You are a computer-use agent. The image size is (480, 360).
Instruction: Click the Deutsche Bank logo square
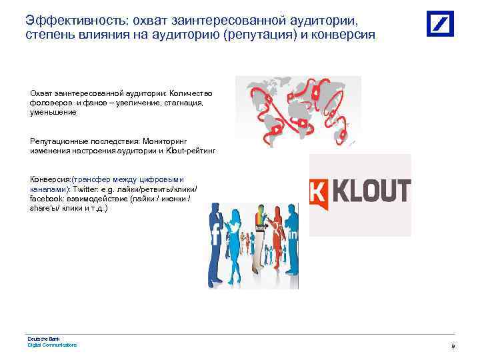pyautogui.click(x=441, y=24)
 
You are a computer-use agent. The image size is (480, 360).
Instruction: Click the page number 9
pyautogui.click(x=453, y=347)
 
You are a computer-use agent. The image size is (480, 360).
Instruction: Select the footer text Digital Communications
pyautogui.click(x=52, y=345)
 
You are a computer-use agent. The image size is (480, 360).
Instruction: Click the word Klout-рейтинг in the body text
pyautogui.click(x=195, y=151)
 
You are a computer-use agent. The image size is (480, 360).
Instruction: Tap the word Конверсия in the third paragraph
pyautogui.click(x=49, y=179)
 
